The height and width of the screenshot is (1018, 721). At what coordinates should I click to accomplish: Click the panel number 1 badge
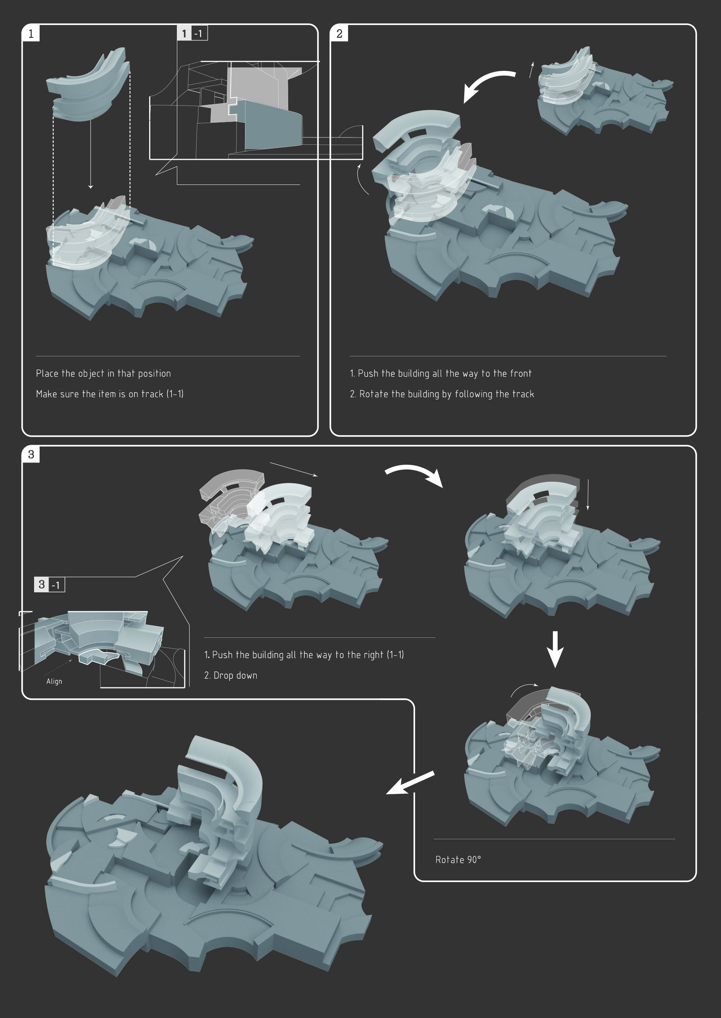tap(31, 33)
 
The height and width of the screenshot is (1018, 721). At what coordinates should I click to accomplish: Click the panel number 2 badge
tap(339, 33)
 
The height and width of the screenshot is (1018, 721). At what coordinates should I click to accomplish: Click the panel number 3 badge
tap(31, 454)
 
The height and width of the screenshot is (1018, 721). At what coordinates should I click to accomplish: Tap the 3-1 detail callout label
tap(50, 584)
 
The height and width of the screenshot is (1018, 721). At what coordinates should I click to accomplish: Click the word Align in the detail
tap(54, 681)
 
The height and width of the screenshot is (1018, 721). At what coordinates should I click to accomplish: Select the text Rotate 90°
tap(458, 860)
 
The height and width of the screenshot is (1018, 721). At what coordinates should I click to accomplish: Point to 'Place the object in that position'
tap(103, 373)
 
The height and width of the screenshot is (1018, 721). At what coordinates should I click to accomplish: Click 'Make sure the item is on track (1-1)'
tap(110, 394)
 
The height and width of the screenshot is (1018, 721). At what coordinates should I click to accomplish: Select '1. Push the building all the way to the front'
tap(441, 373)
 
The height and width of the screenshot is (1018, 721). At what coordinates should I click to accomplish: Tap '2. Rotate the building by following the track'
tap(442, 394)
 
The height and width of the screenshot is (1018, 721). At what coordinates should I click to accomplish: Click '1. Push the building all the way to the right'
tap(293, 654)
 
